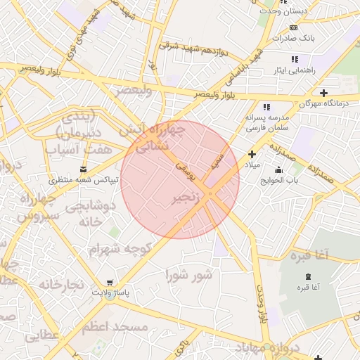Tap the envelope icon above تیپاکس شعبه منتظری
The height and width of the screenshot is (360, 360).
click(84, 169)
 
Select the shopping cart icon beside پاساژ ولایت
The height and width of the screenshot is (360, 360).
click(108, 283)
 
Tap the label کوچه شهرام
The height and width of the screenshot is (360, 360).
click(120, 250)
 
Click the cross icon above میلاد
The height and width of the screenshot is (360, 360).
click(252, 154)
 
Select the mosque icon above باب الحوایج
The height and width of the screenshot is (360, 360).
click(279, 169)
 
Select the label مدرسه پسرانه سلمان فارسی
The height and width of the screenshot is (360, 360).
click(265, 123)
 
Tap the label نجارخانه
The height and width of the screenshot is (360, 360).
click(61, 285)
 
